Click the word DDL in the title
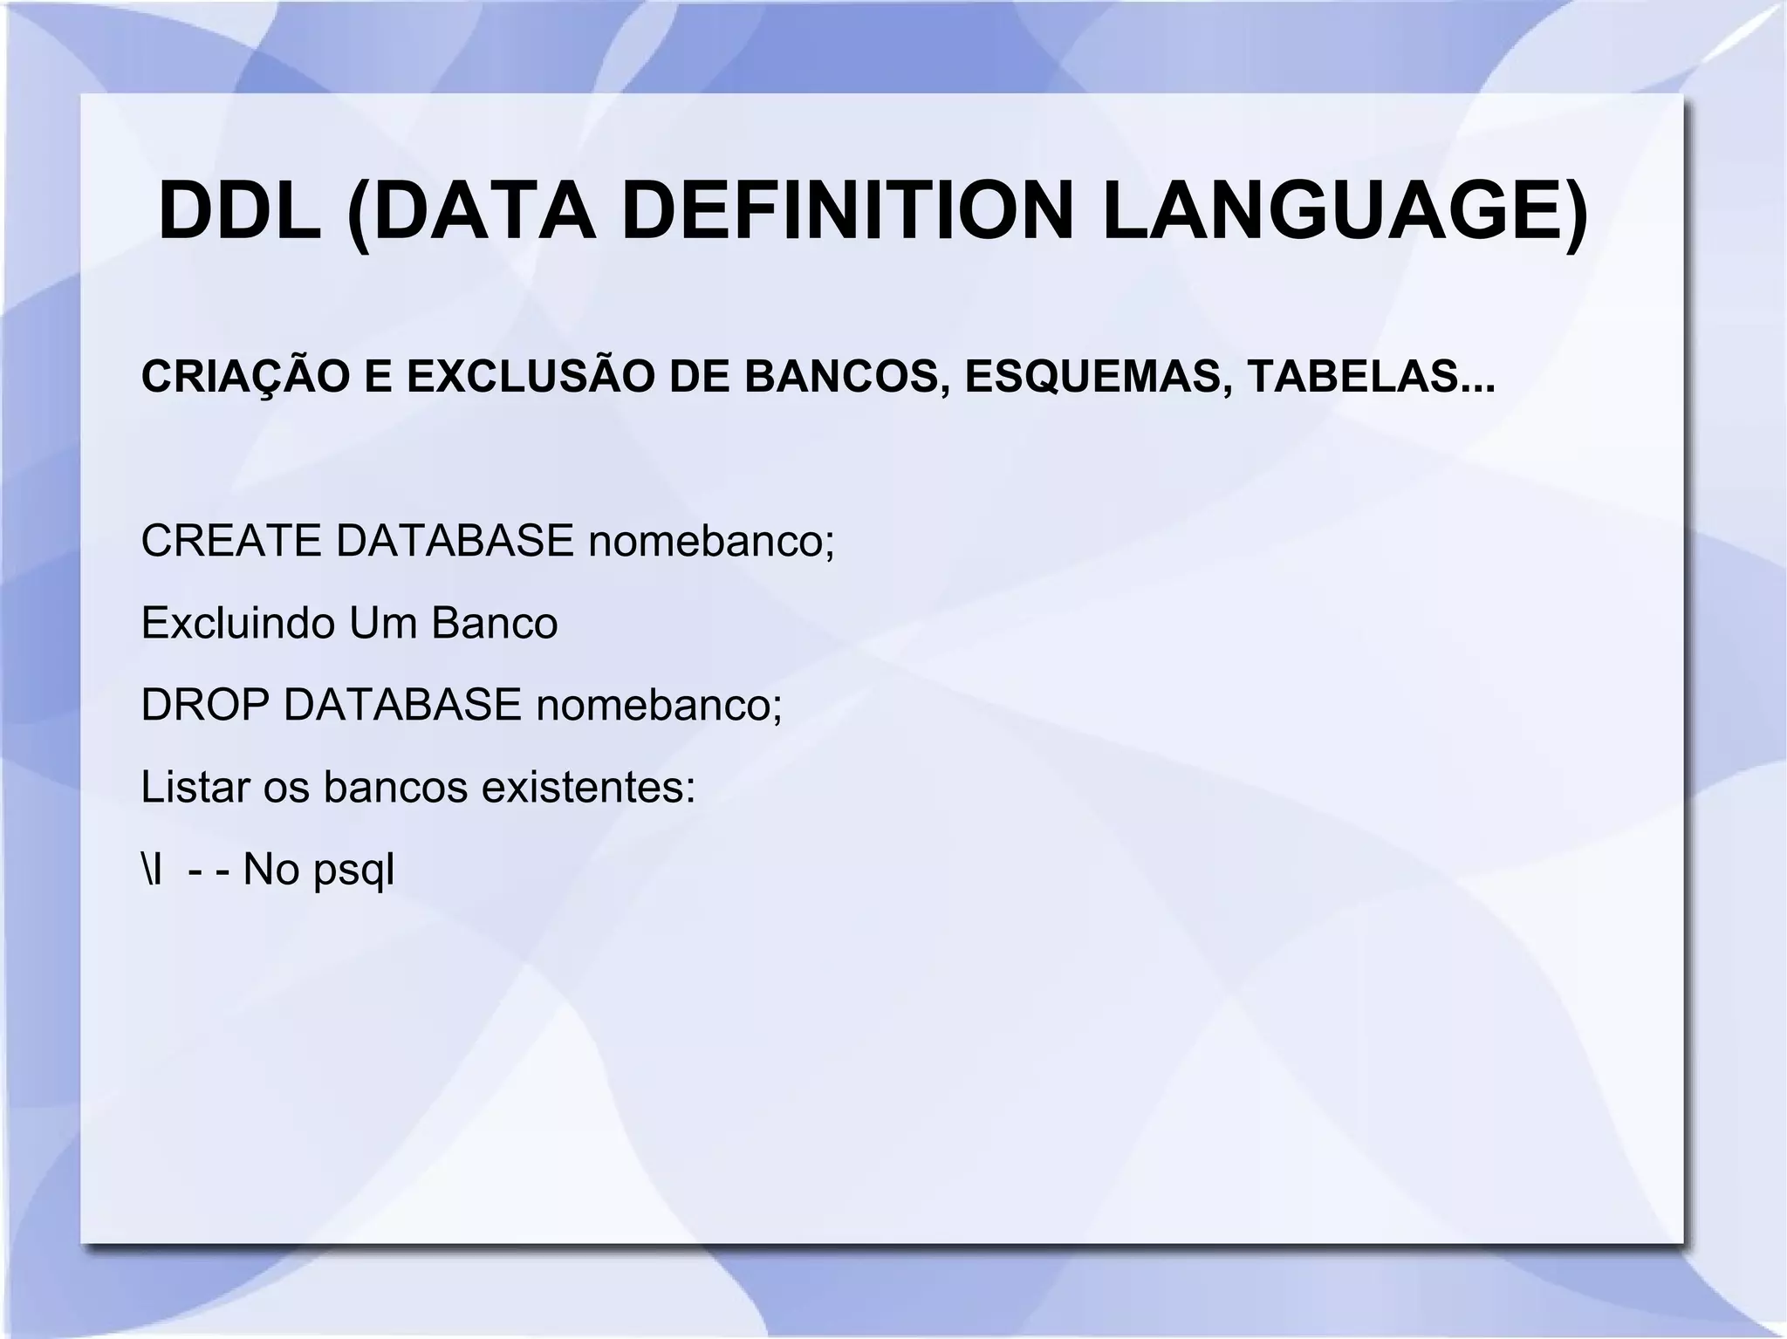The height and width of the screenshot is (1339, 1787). [x=239, y=212]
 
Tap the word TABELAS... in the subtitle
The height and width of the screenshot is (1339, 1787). [x=1370, y=377]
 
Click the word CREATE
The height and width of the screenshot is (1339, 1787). [x=231, y=541]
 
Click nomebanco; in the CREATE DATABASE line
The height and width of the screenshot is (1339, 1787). [x=711, y=541]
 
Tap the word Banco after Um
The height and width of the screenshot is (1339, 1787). [x=494, y=623]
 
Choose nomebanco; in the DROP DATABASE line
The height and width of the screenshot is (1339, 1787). [x=659, y=705]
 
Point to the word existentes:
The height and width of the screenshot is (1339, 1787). [x=589, y=787]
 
